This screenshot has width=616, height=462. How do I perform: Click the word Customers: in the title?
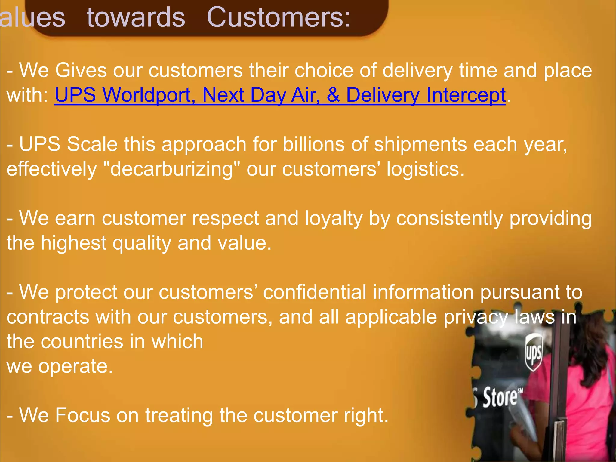tap(279, 17)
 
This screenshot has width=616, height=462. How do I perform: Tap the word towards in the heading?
tap(136, 17)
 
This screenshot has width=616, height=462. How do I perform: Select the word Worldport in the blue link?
tap(148, 95)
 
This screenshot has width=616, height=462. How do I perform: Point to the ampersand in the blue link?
tap(333, 95)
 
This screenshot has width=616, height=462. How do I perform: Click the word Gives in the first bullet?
tap(81, 70)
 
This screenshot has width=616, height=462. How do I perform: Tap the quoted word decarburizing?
tap(171, 169)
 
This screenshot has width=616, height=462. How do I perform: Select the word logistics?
tap(425, 169)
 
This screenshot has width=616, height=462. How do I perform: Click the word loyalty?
tap(333, 218)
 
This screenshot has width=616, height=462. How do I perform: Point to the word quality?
tap(142, 243)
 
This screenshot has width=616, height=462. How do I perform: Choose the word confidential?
tap(315, 292)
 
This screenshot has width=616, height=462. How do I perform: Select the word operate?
tap(75, 366)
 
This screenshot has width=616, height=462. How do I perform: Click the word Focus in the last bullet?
tap(82, 415)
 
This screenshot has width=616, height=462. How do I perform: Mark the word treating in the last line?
tap(179, 415)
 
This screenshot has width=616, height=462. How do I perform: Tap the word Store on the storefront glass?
tap(500, 398)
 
